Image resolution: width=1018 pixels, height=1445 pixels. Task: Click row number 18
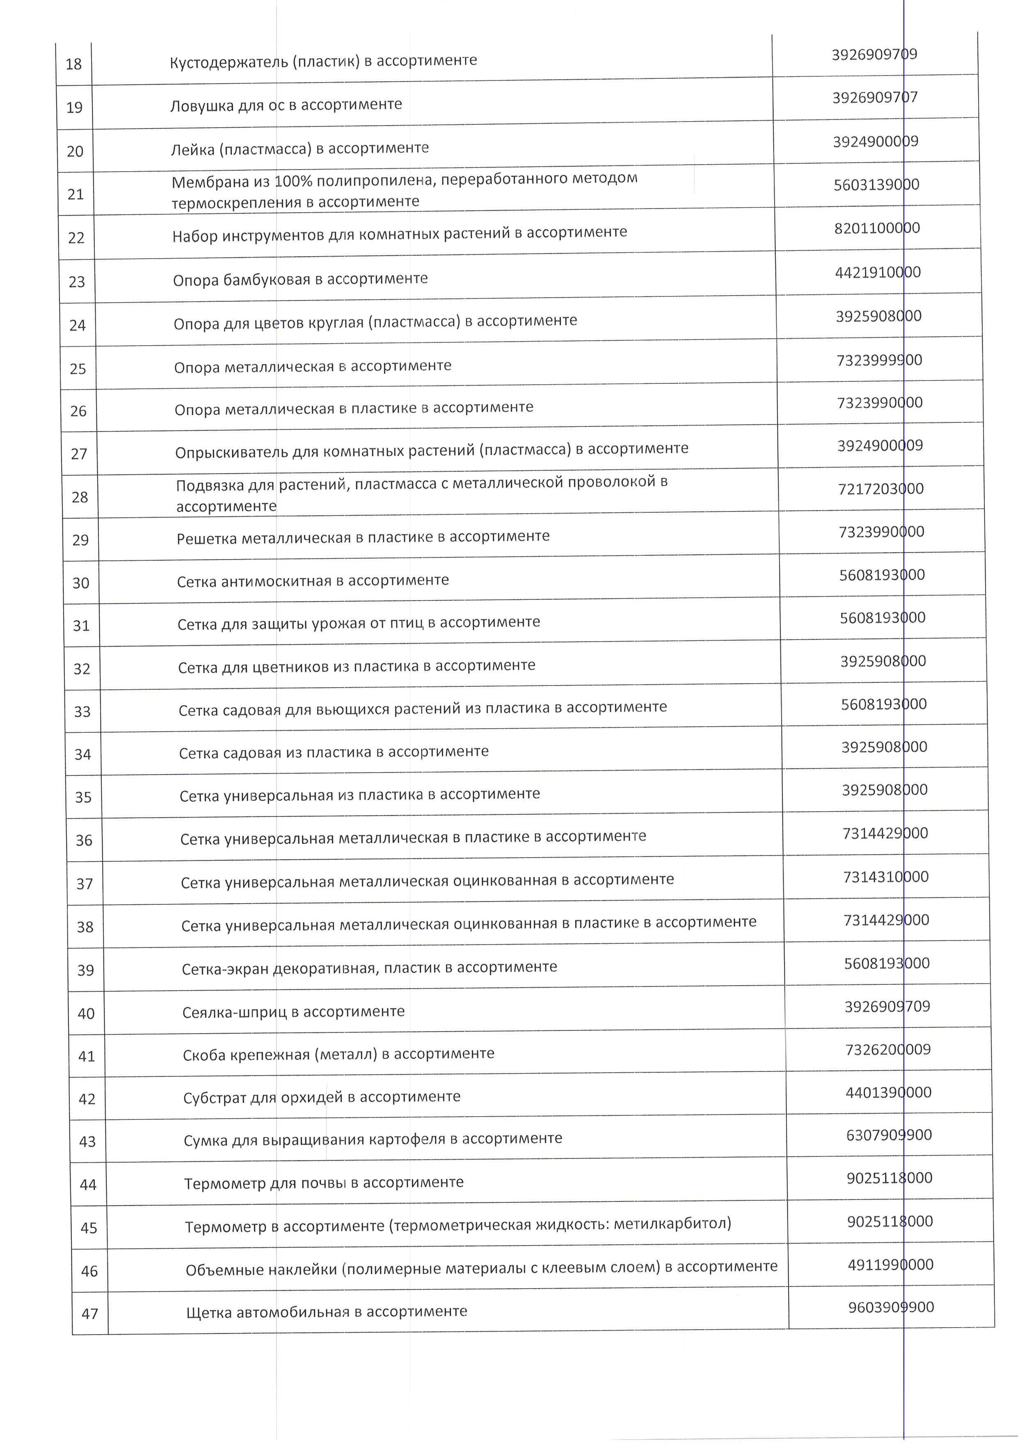[x=73, y=64]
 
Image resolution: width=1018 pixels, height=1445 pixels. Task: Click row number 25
[x=78, y=369]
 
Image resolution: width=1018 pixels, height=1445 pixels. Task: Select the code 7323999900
[x=879, y=360]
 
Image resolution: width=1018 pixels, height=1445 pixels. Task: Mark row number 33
[x=83, y=712]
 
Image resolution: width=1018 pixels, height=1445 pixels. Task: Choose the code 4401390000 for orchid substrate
[x=888, y=1092]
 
